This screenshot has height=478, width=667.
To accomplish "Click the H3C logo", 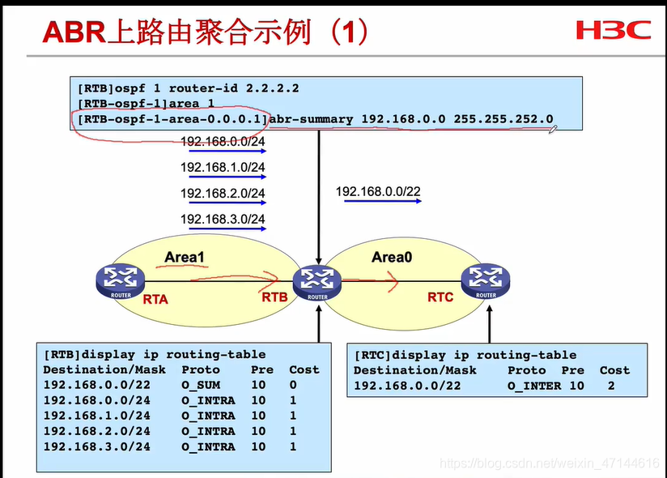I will click(613, 30).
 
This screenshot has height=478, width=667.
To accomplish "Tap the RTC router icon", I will click(486, 280).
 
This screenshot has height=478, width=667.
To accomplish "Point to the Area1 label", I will click(185, 257).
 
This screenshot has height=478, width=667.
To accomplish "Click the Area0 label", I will click(392, 257).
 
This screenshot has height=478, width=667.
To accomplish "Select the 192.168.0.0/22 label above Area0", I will click(378, 192).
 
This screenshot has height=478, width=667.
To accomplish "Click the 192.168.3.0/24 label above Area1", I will click(223, 219).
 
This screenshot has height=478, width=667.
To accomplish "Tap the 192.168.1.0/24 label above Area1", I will click(223, 168).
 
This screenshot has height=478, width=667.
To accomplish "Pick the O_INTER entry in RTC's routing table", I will click(534, 386).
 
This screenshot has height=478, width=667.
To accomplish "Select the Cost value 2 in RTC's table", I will click(611, 386).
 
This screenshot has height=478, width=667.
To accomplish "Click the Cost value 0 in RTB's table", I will click(293, 385).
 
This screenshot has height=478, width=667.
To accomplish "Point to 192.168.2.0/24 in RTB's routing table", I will click(96, 431).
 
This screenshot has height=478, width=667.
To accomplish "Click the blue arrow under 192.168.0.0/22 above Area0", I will click(382, 202).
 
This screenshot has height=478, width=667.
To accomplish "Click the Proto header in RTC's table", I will click(526, 370).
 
